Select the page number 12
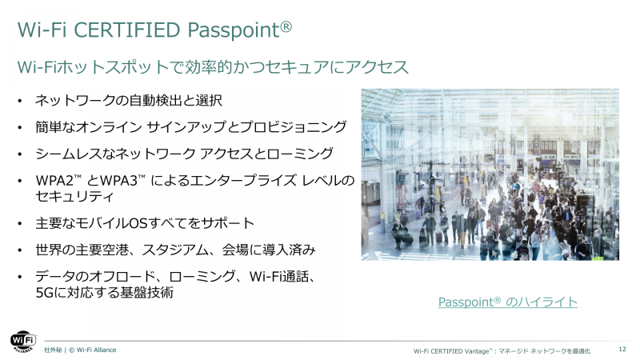tap(622, 350)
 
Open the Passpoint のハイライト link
tap(508, 302)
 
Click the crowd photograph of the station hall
tap(490, 174)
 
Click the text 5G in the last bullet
tap(45, 293)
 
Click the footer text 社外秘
tap(53, 350)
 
